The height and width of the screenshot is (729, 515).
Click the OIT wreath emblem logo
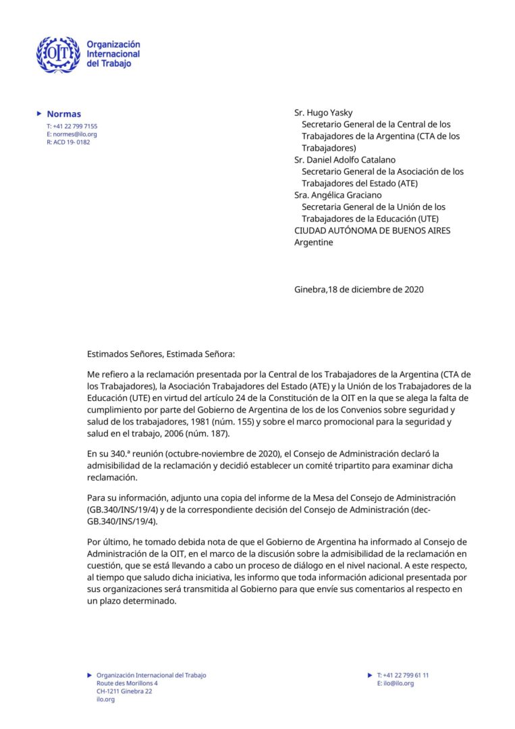pos(58,55)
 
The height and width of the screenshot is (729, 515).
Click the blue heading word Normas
pos(63,114)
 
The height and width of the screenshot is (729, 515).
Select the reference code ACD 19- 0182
pos(71,142)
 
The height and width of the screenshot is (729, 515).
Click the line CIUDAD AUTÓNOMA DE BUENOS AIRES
pos(372,230)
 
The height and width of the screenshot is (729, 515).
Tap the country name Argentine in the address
pos(313,242)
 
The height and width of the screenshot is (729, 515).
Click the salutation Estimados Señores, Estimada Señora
pos(161,353)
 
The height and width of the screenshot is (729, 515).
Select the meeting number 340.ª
pos(118,453)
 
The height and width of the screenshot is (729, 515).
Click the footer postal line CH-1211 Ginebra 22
pos(124,691)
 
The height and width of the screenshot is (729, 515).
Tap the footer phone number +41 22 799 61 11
pos(406,675)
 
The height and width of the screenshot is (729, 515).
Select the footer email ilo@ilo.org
pos(398,683)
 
